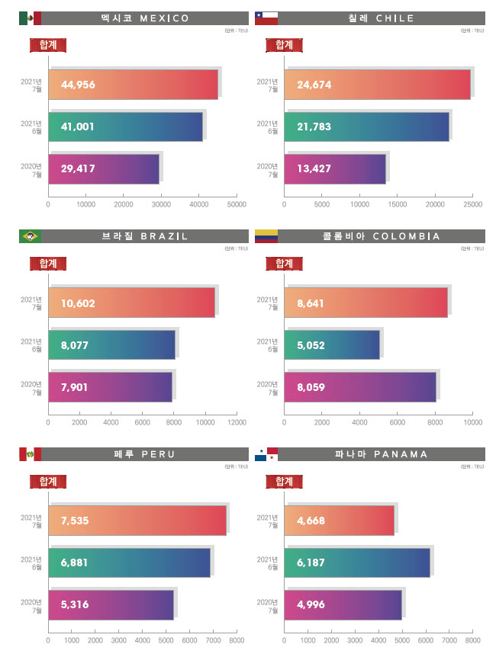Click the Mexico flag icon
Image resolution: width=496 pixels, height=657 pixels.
click(30, 18)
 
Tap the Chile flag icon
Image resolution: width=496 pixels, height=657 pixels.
click(266, 18)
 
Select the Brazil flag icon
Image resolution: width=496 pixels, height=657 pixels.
click(30, 236)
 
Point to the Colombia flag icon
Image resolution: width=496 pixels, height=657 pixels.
click(266, 236)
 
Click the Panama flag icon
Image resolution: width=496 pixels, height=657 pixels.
click(266, 454)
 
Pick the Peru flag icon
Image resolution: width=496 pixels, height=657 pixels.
click(30, 454)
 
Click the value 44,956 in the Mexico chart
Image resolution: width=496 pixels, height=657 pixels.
click(78, 85)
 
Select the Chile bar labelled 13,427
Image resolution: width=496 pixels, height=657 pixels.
click(335, 168)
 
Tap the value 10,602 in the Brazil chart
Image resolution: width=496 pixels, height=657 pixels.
click(78, 303)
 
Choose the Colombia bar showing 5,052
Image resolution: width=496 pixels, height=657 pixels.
click(332, 345)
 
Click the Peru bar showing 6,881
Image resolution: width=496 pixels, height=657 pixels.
click(129, 562)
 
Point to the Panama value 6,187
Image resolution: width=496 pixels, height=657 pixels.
click(314, 562)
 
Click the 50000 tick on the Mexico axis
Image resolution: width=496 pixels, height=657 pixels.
click(237, 204)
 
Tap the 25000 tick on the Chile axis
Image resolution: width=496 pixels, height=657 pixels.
click(472, 204)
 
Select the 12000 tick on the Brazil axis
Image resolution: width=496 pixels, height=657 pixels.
click(237, 422)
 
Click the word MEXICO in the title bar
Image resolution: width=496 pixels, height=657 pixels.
click(161, 18)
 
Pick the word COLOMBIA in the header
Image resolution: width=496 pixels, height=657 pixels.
click(407, 236)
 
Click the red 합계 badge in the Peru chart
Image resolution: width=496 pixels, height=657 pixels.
click(48, 482)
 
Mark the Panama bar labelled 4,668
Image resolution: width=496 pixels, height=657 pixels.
click(340, 521)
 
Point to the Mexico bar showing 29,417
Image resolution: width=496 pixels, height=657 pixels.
click(104, 168)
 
